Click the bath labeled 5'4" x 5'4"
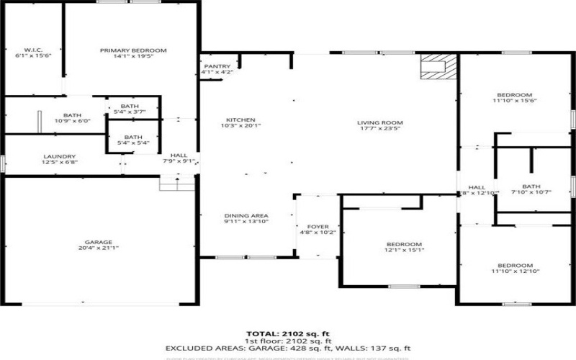[x=133, y=140]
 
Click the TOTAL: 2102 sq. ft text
[x=288, y=334]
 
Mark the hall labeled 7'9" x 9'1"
[x=178, y=158]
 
